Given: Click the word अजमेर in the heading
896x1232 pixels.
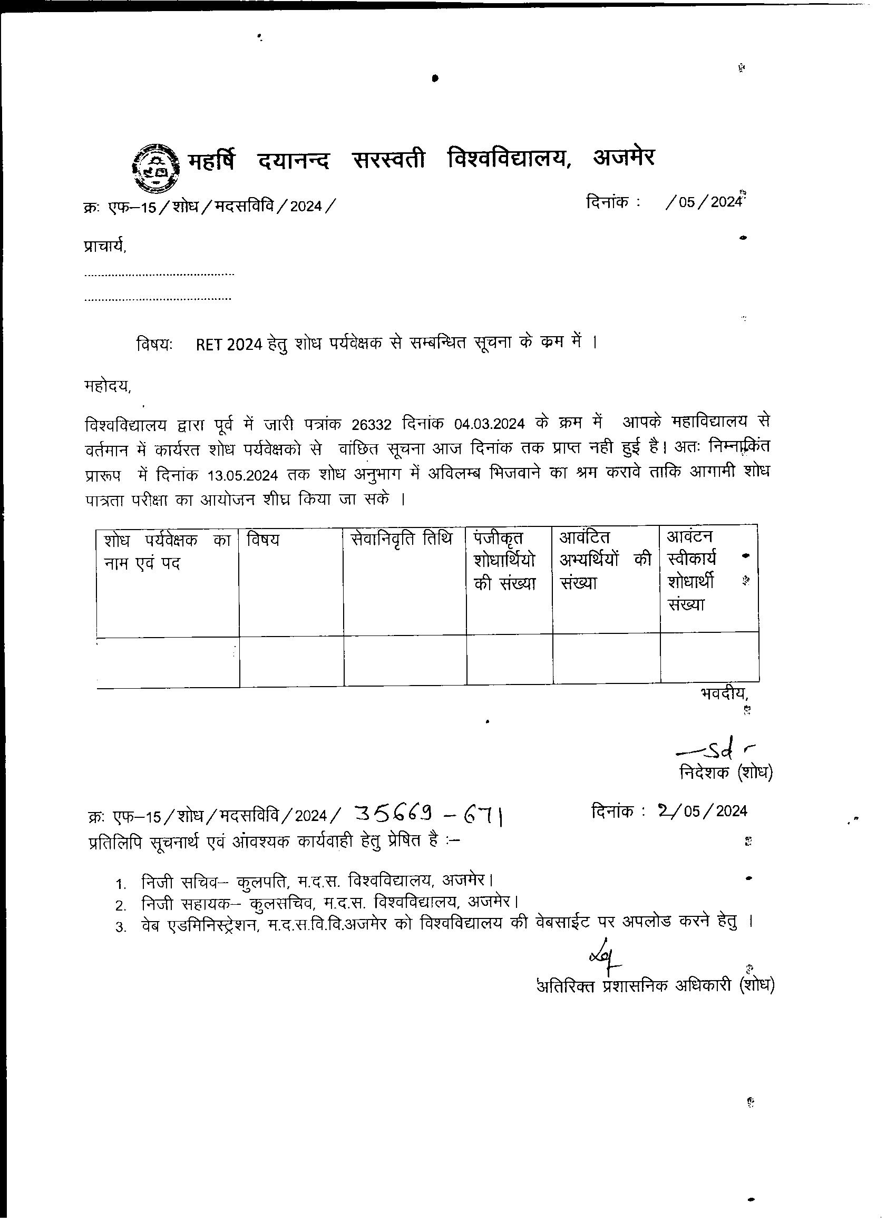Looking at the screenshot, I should click(624, 158).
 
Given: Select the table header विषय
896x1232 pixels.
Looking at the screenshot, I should click(263, 540).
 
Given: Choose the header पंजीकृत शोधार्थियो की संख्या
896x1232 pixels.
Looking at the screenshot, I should click(505, 561).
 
